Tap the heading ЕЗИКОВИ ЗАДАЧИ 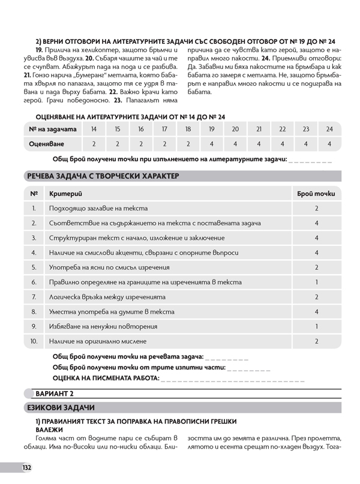pos(61,408)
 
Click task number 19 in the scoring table pos(211,130)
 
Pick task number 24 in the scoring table pos(329,130)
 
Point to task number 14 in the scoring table pos(94,130)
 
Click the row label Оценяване pos(55,144)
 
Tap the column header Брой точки pos(316,194)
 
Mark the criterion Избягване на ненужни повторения pos(104,326)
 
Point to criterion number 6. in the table pos(34,282)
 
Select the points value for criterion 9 pos(316,326)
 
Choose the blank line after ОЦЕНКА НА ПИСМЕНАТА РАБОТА pos(234,380)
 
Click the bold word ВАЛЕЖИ pos(49,429)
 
